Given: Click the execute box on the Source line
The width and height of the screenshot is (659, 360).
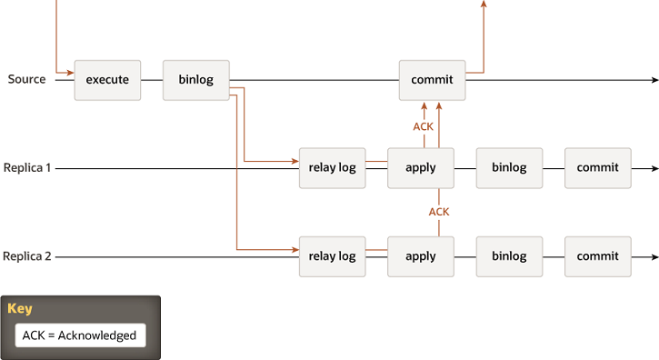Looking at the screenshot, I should tap(107, 80).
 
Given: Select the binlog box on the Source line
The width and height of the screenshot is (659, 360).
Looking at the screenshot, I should tap(195, 80).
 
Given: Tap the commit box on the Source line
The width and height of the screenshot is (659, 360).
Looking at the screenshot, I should tap(432, 80).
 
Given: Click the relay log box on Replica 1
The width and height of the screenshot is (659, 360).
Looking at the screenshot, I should tap(332, 168).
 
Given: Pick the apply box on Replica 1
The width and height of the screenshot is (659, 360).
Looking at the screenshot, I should tap(420, 168).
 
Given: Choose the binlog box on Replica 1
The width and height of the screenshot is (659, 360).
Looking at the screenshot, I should tap(509, 168).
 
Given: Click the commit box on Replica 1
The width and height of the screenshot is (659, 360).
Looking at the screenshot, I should tap(597, 168).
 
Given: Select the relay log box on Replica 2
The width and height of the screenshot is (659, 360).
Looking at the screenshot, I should tap(332, 256).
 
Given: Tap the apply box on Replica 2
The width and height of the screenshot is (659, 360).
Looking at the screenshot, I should tap(420, 256).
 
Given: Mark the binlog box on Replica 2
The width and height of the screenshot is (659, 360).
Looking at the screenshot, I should tap(509, 256).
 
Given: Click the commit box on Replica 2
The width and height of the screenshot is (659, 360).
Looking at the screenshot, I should tap(597, 256).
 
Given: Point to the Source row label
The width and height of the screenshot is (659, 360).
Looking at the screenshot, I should tap(26, 80).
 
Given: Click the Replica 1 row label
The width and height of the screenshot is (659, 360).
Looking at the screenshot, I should tap(27, 168).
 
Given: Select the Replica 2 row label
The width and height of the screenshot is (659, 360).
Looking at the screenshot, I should tap(27, 256).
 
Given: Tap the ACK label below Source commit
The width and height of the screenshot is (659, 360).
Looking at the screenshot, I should tap(424, 126).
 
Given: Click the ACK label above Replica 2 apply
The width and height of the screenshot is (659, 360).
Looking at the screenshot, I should tap(439, 212).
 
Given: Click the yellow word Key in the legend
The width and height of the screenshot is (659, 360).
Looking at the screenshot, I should tap(20, 309).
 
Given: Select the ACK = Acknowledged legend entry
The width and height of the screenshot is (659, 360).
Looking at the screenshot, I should tap(79, 335).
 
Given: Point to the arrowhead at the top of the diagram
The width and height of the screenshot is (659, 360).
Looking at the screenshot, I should tap(484, 5).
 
